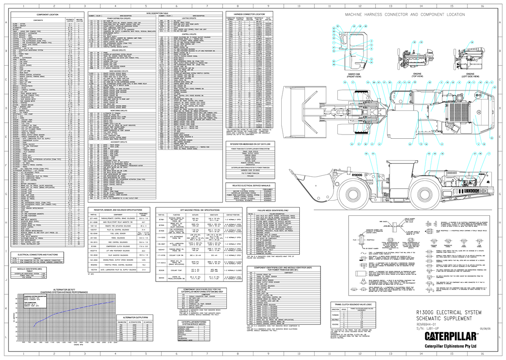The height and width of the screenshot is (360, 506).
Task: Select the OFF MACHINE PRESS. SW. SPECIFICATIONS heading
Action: pos(200,210)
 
